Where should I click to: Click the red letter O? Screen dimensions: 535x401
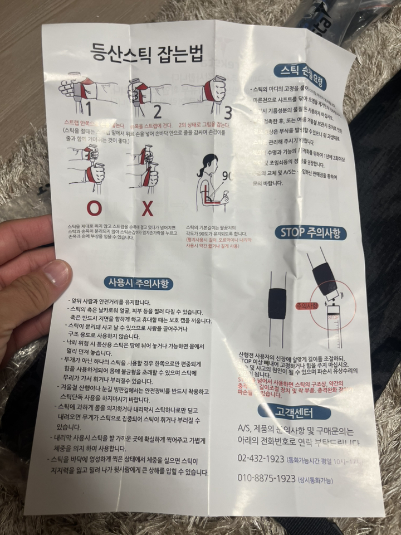(x=94, y=207)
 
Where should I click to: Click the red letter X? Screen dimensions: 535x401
(x=148, y=208)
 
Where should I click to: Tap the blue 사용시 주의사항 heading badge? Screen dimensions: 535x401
(x=138, y=283)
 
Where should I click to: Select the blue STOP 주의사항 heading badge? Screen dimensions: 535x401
(x=310, y=232)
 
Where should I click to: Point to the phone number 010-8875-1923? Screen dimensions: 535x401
(x=266, y=479)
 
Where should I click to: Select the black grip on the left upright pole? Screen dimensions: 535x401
(x=277, y=303)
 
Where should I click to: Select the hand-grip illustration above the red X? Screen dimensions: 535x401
(x=146, y=167)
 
